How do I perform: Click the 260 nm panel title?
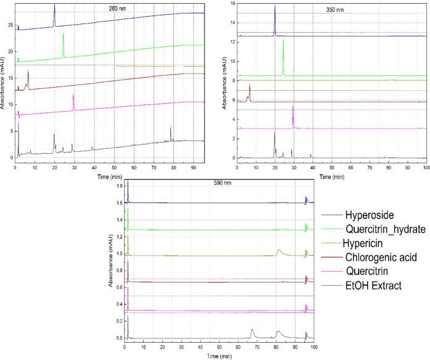point(112,9)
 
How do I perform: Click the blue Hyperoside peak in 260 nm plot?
point(54,7)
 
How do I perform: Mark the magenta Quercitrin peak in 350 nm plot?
point(293,109)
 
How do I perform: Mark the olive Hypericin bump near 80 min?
point(279,250)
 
